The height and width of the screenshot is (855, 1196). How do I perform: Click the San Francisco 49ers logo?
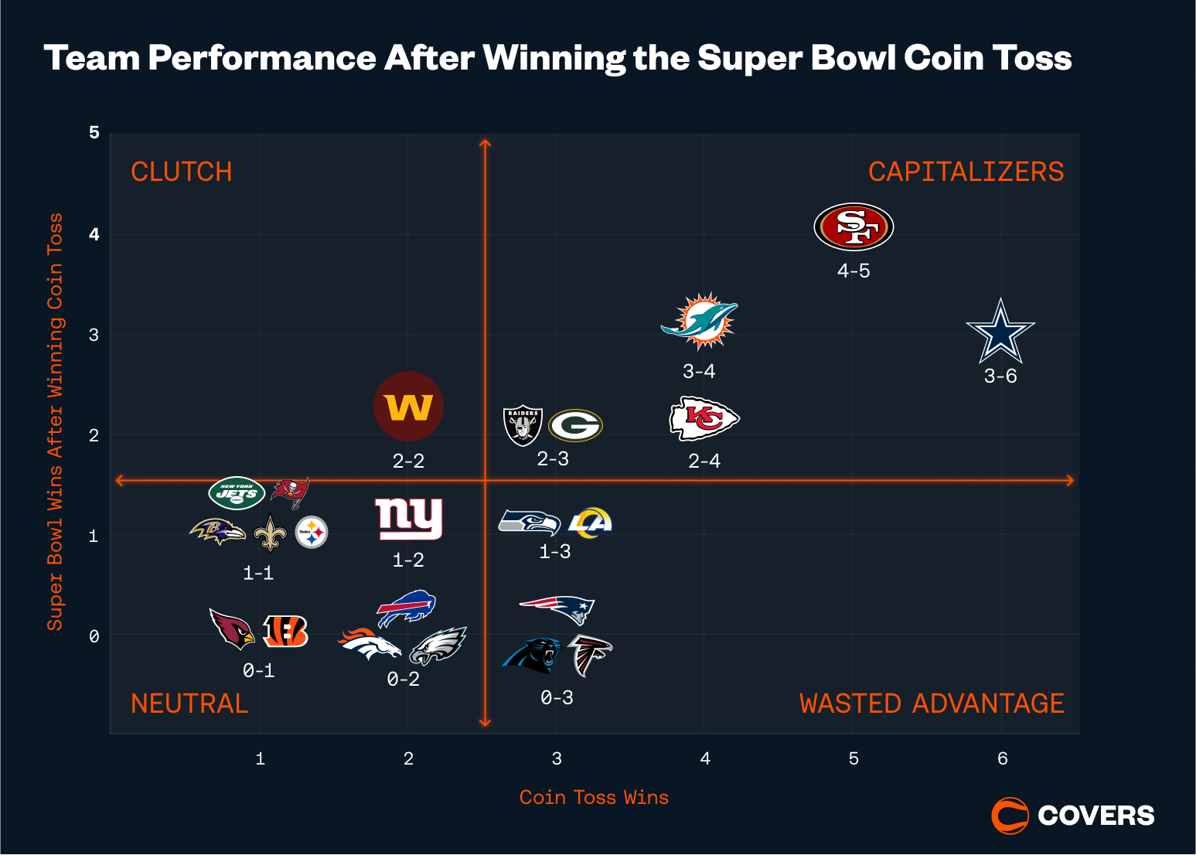coord(854,227)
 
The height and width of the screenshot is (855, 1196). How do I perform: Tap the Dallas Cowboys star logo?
coord(1000,332)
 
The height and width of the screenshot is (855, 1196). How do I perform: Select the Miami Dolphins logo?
coord(700,321)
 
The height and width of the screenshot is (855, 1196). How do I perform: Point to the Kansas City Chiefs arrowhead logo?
coord(704,419)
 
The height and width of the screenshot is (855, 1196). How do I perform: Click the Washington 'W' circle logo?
coord(408,406)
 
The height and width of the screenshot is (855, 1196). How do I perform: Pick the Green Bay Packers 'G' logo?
coord(575,425)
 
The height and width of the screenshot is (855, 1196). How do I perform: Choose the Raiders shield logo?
coord(523,425)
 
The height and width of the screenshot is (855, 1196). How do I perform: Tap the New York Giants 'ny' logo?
coord(408,518)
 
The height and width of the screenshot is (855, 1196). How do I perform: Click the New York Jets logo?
coord(237,492)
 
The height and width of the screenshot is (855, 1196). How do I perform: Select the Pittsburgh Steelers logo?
coord(312,532)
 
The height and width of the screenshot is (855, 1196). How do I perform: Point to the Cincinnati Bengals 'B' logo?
coord(285,631)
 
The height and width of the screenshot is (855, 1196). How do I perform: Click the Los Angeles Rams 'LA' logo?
coord(590,523)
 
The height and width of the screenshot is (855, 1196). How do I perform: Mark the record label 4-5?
coord(854,271)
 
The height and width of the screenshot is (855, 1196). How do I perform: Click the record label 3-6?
coord(1000,376)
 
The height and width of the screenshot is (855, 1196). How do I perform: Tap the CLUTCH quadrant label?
coord(182,172)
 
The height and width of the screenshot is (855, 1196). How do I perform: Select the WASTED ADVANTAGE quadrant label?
coord(932,703)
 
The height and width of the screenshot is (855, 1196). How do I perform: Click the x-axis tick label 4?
coord(705,759)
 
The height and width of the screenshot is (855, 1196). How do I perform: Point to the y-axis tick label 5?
coord(94,133)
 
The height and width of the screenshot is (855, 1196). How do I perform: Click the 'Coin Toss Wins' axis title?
coord(594,798)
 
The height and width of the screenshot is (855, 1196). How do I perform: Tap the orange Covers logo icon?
coord(1010,816)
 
